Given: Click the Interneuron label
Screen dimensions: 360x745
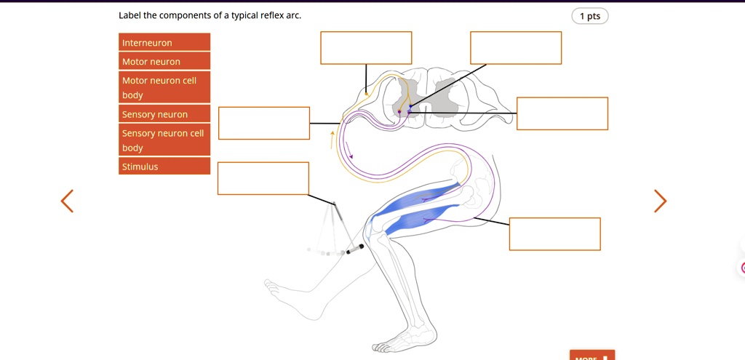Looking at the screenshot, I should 164,42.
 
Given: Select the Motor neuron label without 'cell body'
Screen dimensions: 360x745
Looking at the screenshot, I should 164,61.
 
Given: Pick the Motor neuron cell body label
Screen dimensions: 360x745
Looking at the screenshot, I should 164,87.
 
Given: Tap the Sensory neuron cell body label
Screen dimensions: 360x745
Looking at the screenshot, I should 164,140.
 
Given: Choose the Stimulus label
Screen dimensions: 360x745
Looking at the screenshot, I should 164,167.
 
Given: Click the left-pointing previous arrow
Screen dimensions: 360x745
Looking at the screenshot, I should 67,201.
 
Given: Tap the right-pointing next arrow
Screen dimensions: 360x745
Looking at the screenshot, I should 659,201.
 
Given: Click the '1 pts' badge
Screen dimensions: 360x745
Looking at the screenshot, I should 589,16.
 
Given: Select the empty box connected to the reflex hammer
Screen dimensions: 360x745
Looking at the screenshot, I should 263,178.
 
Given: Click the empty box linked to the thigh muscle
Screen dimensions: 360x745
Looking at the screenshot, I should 554,233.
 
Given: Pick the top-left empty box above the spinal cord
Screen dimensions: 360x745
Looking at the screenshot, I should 366,47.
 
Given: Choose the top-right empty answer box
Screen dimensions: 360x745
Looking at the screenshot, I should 515,47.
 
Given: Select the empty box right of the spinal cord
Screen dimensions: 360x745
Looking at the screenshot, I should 562,113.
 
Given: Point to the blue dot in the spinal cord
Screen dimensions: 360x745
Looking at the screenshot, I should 410,107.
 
